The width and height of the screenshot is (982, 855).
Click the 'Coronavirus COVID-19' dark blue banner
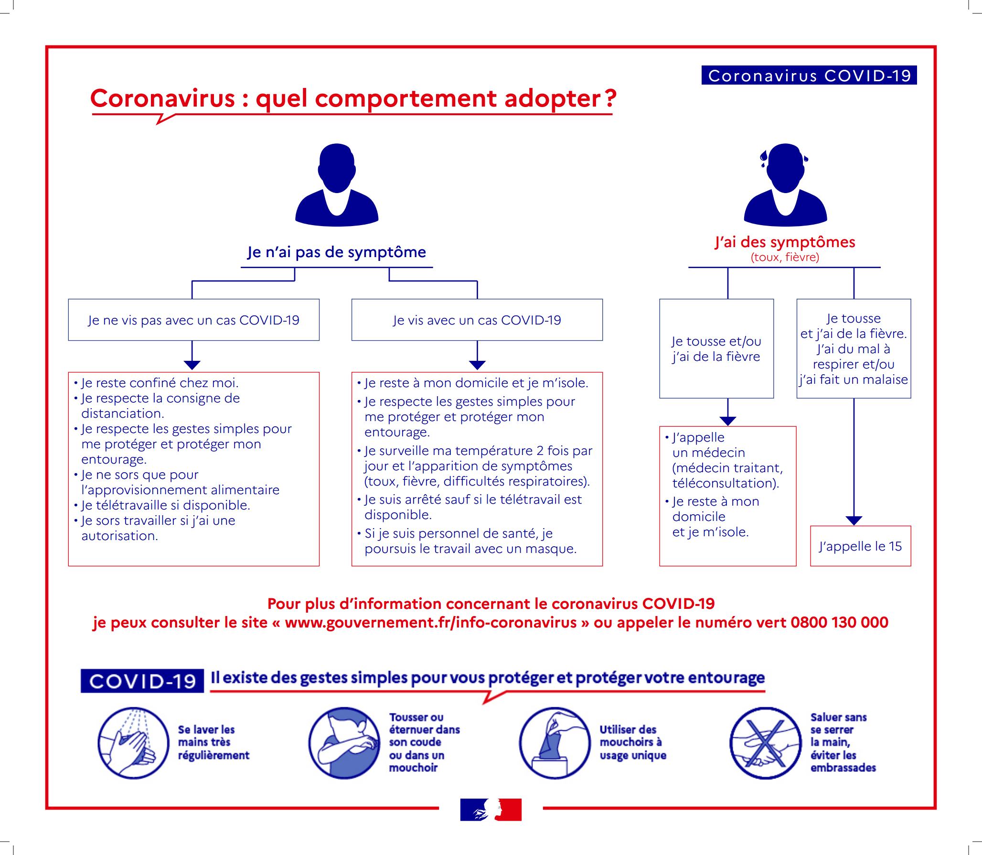pos(809,76)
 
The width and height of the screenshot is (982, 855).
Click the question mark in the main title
pos(610,98)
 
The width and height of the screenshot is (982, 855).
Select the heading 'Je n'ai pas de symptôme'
pos(336,252)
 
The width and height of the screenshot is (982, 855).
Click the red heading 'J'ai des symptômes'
pos(785,242)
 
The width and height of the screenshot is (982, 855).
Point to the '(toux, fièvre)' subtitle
pos(785,258)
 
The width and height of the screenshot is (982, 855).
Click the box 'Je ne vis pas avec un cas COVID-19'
pos(193,320)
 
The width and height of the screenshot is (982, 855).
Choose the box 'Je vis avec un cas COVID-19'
pos(477,320)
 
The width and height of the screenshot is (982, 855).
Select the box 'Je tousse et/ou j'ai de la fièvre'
pos(716,349)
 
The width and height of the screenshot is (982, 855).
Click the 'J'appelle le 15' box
pos(860,546)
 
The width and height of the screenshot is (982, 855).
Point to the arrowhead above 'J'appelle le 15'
pos(854,520)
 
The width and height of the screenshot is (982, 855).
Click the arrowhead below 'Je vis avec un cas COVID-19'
pos(477,365)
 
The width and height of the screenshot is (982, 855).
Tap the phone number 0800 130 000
pos(839,623)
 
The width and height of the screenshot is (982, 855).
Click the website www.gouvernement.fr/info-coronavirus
pos(430,623)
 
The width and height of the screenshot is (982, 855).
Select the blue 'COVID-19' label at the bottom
pos(142,681)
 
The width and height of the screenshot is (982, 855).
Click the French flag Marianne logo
pos(491,810)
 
